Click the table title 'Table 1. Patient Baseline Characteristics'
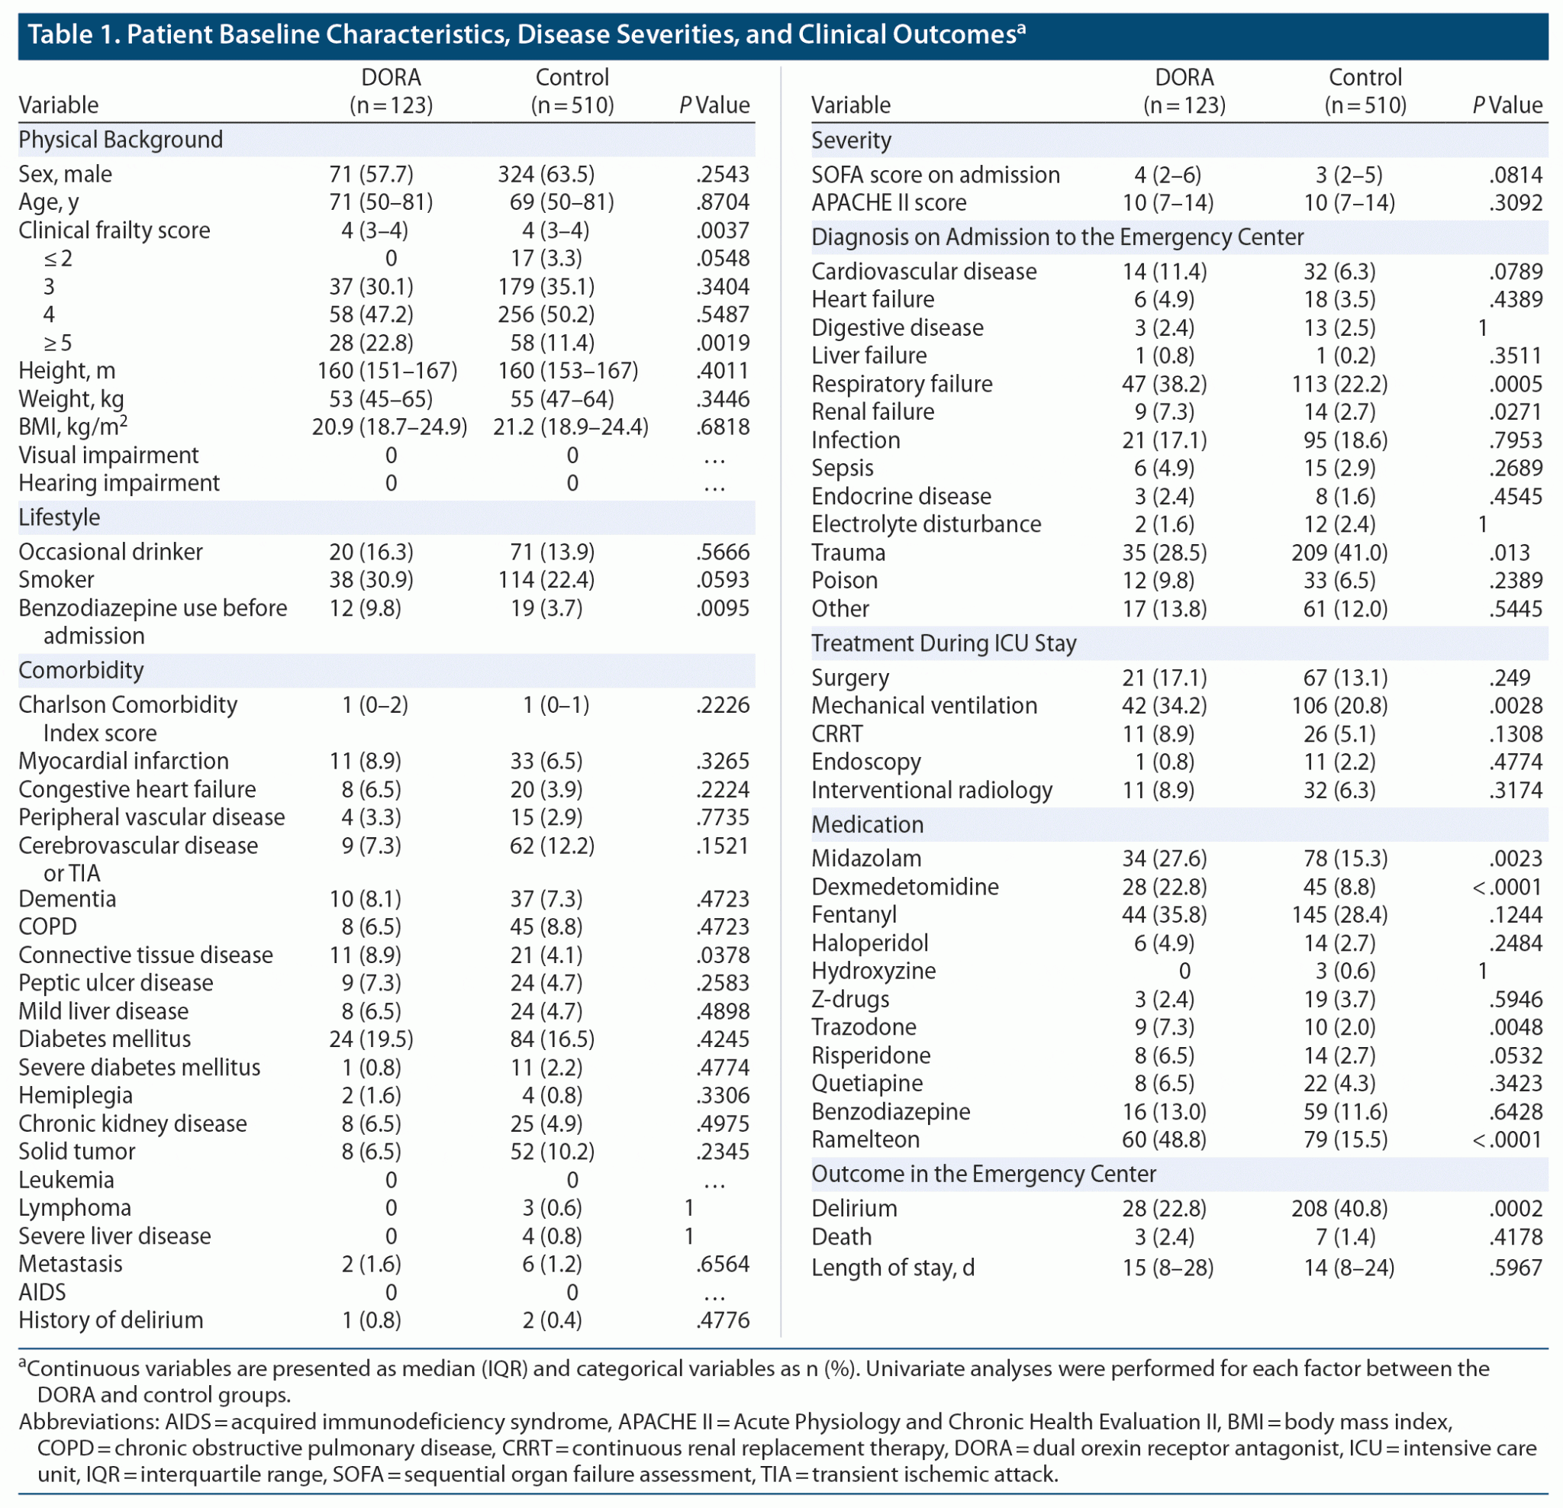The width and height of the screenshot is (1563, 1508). pos(527,35)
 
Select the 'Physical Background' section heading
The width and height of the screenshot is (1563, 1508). pos(121,140)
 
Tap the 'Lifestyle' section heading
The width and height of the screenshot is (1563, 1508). pos(59,517)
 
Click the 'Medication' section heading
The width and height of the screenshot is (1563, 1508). pos(867,824)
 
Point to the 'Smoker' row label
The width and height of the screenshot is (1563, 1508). pos(56,580)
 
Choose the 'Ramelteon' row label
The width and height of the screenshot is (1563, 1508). pos(865,1139)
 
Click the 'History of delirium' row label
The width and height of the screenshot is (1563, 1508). pos(111,1319)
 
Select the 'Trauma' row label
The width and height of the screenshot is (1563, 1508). pos(848,553)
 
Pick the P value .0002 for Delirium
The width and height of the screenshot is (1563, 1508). pos(1515,1208)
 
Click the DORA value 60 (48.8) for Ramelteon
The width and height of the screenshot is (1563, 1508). pos(1165,1139)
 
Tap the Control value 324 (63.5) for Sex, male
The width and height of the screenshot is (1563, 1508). pos(546,175)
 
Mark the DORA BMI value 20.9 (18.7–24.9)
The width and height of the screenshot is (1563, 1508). pos(389,427)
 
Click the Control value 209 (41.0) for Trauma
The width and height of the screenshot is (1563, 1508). pos(1339,553)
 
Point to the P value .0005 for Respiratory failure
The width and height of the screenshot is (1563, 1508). pos(1515,385)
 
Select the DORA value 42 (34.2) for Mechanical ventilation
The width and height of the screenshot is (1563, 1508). pos(1165,706)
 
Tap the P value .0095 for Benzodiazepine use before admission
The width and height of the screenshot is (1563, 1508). pos(723,608)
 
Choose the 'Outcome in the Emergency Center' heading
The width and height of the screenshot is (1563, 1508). pos(983,1174)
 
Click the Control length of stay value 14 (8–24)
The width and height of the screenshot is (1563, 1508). pos(1349,1268)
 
